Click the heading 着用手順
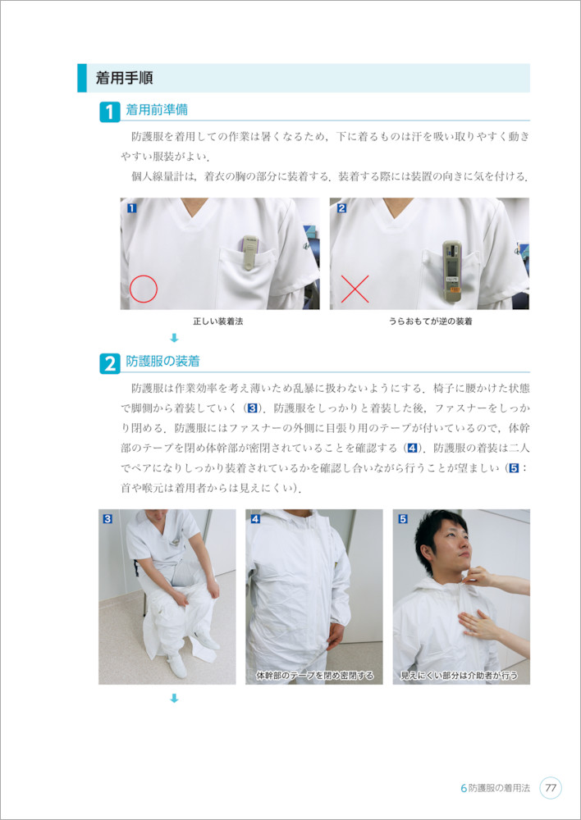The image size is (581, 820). coord(124,79)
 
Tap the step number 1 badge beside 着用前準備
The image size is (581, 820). coord(110,112)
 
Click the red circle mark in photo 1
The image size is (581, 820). coord(144,289)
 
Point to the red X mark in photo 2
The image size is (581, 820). coord(355,289)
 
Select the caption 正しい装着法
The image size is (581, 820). coord(218,322)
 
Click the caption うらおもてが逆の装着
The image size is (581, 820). coord(430,322)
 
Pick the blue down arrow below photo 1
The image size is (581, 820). coord(175,339)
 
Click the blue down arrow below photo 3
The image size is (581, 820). coord(175,698)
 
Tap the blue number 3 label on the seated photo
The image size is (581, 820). coord(108,519)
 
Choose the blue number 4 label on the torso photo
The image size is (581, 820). coord(255,519)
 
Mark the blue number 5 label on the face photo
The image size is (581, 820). coord(402,519)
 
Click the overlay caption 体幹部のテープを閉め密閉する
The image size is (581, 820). coord(315,676)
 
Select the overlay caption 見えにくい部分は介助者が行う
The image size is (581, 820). coord(459,676)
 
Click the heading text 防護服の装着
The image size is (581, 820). coord(162,361)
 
